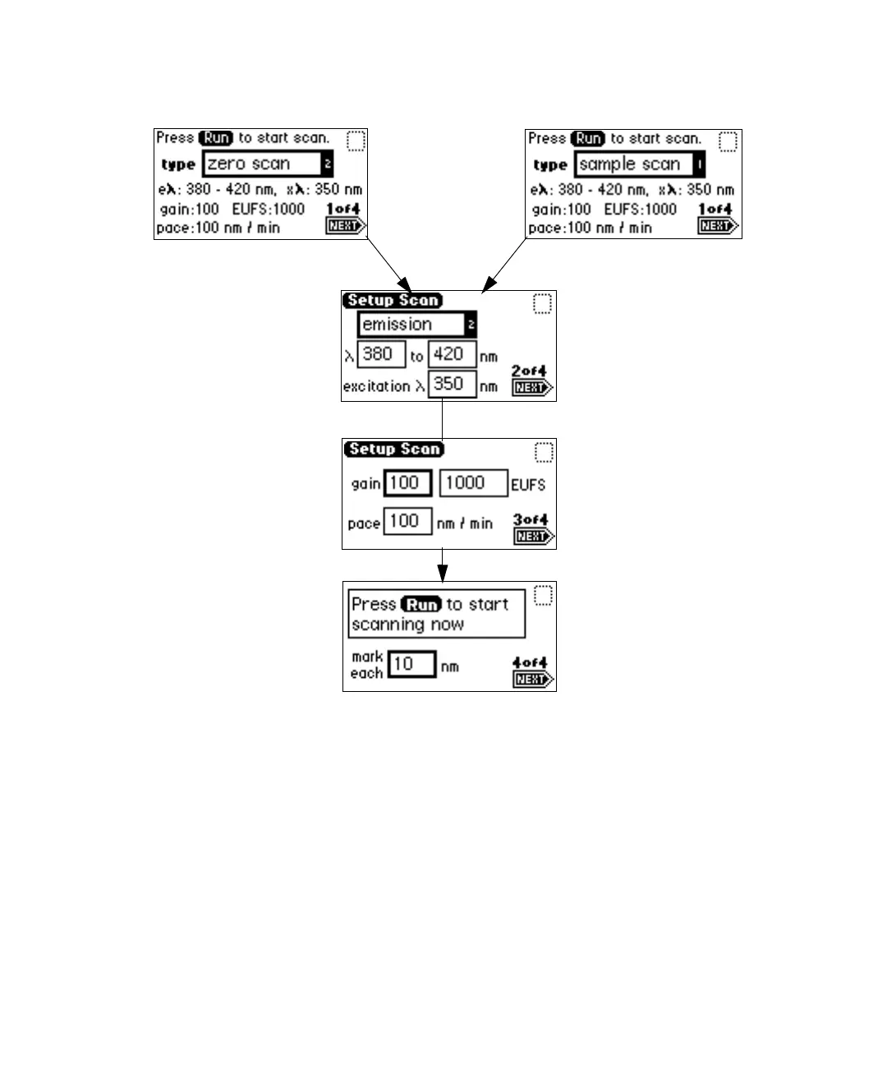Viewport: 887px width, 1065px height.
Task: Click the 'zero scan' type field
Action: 263,164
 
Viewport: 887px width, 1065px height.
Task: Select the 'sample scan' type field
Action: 633,164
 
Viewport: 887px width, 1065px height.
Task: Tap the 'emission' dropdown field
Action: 411,325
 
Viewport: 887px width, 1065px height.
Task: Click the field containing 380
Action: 380,355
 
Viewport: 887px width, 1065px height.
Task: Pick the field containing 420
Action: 451,355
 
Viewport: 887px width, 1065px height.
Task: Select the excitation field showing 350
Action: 451,385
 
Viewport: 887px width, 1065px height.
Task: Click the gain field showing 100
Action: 407,483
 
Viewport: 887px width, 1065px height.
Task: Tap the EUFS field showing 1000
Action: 472,483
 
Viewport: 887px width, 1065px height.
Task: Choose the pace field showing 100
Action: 407,522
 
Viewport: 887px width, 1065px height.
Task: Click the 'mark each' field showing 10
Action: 411,664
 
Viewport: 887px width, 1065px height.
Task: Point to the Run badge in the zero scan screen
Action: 217,138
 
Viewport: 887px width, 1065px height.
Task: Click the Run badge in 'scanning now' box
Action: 421,605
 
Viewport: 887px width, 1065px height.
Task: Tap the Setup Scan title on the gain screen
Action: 394,450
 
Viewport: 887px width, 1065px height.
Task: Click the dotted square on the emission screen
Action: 542,304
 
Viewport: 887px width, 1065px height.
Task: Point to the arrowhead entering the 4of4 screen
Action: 442,573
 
